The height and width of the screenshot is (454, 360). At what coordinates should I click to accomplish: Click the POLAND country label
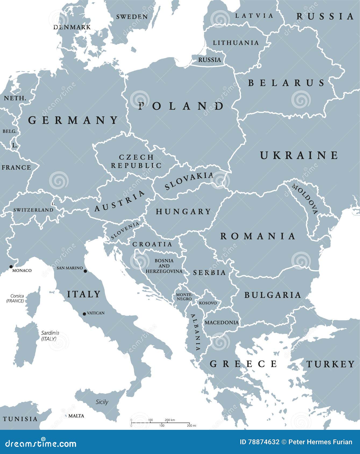coord(181,106)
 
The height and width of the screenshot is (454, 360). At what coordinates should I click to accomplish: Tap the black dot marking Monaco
coord(11,267)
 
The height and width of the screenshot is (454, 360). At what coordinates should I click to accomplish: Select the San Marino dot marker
coord(85,271)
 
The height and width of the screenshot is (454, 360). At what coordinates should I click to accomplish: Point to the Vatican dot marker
coord(84,314)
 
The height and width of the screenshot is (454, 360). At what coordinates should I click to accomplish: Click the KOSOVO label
coord(208,303)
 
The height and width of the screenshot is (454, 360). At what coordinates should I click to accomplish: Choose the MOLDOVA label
coord(305,199)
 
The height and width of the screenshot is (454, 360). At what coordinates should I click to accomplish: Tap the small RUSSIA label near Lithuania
coord(209,60)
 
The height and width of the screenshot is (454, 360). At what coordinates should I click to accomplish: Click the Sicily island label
coord(102,402)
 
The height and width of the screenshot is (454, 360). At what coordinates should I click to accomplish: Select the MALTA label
coord(76,416)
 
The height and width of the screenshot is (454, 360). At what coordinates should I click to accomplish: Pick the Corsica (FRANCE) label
coord(15,298)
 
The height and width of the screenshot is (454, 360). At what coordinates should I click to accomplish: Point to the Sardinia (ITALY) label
coord(50,336)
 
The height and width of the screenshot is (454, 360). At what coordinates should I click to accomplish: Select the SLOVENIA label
coord(125,230)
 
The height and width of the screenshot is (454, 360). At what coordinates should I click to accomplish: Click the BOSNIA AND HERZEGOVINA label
coord(164,266)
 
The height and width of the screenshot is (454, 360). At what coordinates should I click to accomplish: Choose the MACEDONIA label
coord(222,322)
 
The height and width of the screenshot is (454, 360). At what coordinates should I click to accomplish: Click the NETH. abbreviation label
coord(15,98)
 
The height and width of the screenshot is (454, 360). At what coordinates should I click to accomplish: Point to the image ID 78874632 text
coord(259,442)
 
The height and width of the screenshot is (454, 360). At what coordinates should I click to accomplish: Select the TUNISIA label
coord(20,419)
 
